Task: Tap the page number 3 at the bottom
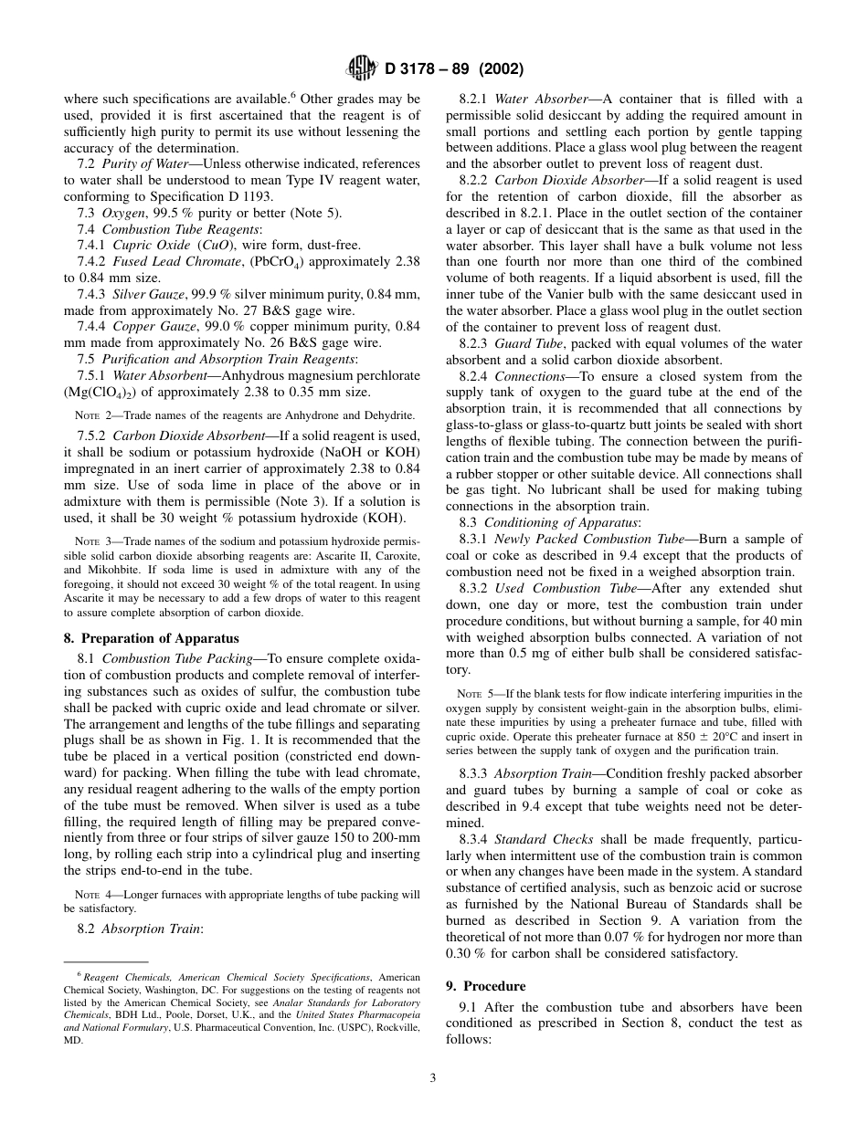click(433, 1077)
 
